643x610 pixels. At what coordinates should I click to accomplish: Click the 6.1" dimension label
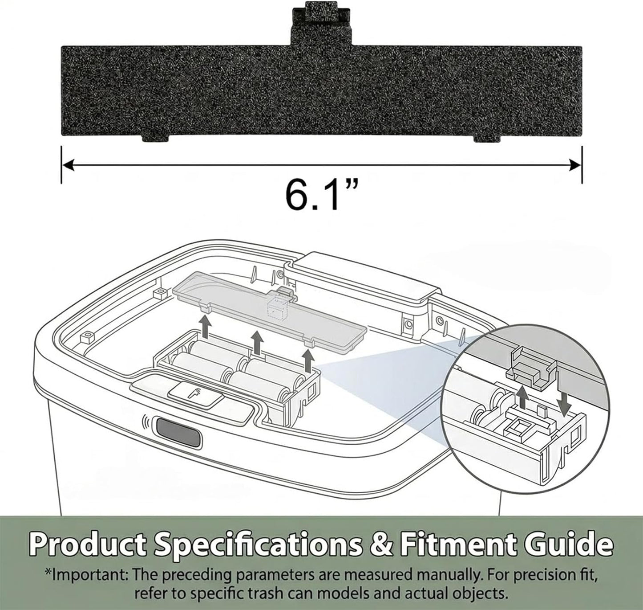click(x=321, y=195)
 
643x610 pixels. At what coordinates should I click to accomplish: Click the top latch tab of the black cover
click(x=321, y=24)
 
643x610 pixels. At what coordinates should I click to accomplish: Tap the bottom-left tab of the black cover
click(x=155, y=138)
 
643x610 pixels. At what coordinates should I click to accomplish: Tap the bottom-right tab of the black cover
click(x=487, y=138)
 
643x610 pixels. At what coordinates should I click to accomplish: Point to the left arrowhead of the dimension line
click(x=67, y=165)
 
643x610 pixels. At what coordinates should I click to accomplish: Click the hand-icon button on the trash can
click(x=196, y=395)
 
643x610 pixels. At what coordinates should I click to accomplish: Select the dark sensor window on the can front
click(x=178, y=432)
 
